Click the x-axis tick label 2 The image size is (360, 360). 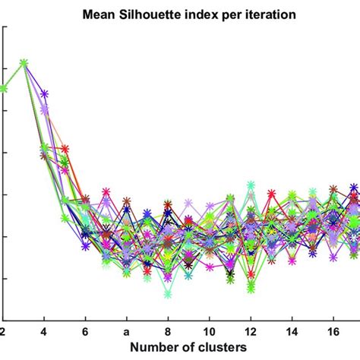(x=4, y=332)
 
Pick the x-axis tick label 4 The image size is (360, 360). (x=44, y=332)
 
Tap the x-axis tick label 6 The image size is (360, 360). (x=85, y=332)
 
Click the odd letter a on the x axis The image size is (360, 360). (x=126, y=332)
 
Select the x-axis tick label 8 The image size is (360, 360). (x=167, y=332)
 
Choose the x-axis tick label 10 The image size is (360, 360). (x=208, y=332)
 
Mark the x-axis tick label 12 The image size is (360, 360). (x=250, y=332)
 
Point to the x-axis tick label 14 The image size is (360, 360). (x=291, y=332)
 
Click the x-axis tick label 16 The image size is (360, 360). (x=332, y=332)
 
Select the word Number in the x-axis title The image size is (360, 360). (x=135, y=349)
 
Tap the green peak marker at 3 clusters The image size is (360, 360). (x=24, y=63)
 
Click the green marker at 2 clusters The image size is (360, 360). (x=4, y=88)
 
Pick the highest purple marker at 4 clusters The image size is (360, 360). (x=44, y=94)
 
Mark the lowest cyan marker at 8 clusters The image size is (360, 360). (x=168, y=294)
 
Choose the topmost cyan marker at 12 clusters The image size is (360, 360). (x=250, y=185)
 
